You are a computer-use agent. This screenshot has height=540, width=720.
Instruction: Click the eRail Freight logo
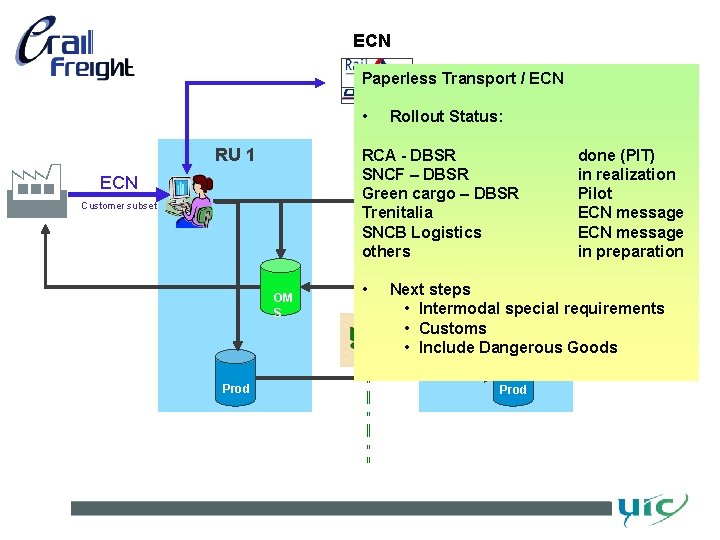tap(75, 50)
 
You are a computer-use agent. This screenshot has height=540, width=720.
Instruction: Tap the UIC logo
tap(651, 509)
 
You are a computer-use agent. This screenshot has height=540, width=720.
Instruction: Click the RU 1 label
tap(235, 155)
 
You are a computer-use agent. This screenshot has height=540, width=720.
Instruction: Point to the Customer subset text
tap(119, 206)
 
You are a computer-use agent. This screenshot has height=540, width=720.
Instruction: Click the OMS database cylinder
tap(281, 290)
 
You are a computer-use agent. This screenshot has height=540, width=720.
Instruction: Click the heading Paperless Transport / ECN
tap(462, 78)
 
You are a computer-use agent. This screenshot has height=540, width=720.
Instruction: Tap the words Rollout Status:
tap(446, 116)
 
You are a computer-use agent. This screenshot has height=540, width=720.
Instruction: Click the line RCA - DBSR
tap(408, 155)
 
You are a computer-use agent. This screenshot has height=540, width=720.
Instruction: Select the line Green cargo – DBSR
tap(440, 193)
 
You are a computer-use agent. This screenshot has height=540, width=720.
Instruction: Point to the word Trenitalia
tap(397, 212)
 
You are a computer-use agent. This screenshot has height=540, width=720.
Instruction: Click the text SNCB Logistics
tap(421, 232)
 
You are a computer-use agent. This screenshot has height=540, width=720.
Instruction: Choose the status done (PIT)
tap(616, 155)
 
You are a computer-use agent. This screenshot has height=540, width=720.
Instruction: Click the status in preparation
tap(630, 251)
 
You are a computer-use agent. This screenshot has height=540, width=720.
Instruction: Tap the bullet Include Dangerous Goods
tap(517, 347)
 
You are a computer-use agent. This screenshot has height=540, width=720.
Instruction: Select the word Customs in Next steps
tap(452, 328)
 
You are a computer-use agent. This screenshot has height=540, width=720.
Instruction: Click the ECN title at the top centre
tap(371, 41)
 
